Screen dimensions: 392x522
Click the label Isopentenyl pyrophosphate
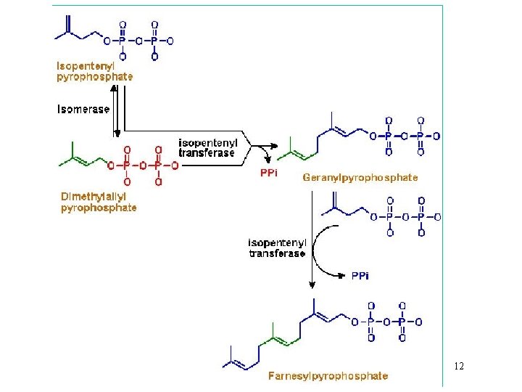pos(94,70)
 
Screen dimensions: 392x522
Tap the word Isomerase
pos(83,110)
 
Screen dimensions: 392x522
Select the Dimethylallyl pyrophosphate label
pos(98,202)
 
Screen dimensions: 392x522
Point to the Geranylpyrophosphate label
pos(360,177)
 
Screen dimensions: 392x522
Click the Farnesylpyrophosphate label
pos(328,376)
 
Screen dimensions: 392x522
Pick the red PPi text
pos(268,173)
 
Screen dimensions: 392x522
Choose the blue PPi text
pos(360,276)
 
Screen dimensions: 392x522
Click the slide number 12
pos(458,367)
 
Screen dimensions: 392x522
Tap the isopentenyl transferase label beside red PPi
pos(207,147)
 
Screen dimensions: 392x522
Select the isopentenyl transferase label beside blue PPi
pos(278,248)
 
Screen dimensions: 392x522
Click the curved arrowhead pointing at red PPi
pos(269,159)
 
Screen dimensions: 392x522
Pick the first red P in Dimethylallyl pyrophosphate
pos(128,166)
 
